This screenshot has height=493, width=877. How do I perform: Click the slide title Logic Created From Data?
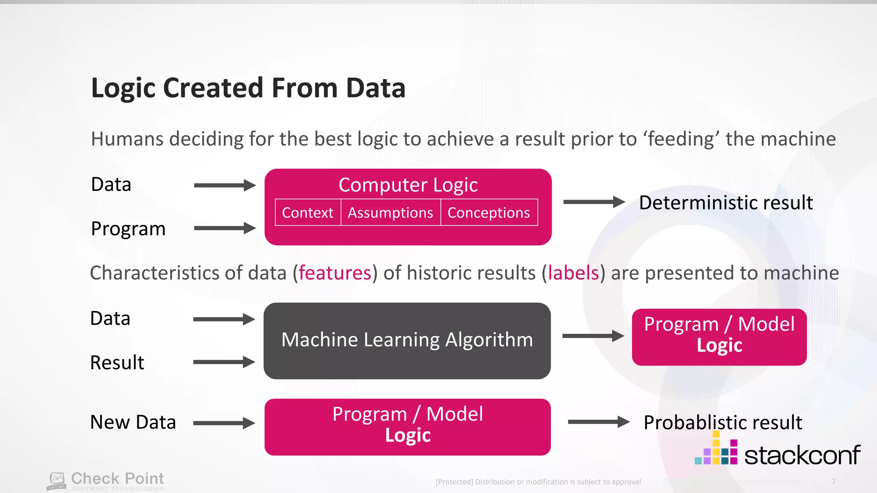tap(248, 88)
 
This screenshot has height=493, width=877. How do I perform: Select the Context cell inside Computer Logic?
tap(307, 213)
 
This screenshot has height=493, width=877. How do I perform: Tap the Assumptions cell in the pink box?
tap(390, 213)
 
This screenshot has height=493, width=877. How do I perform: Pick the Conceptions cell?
tap(489, 213)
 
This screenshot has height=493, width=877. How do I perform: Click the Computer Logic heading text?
tap(408, 185)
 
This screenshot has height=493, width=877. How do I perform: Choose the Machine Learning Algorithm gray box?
tap(407, 341)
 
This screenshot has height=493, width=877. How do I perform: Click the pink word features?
tap(335, 273)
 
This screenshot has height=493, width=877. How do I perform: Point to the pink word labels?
tap(573, 273)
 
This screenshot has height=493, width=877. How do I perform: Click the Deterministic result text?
tap(725, 203)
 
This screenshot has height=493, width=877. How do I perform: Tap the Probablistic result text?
tap(722, 422)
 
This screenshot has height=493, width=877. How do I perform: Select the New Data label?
tap(133, 422)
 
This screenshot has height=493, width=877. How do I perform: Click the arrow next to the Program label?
tap(224, 228)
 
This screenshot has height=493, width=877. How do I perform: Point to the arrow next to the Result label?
tap(224, 362)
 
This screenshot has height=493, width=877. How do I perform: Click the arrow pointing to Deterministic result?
tap(594, 202)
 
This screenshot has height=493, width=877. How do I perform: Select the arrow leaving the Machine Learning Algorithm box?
tap(593, 336)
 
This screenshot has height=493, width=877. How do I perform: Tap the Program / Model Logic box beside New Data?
tap(407, 427)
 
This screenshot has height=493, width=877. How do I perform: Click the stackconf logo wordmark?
tap(802, 455)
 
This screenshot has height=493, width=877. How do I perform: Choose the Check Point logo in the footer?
tap(105, 481)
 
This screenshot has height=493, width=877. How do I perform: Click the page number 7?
tap(833, 481)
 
